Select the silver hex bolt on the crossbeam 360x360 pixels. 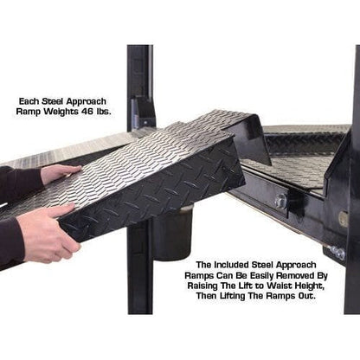tap(281, 202)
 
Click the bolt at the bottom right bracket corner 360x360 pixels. tap(338, 253)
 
